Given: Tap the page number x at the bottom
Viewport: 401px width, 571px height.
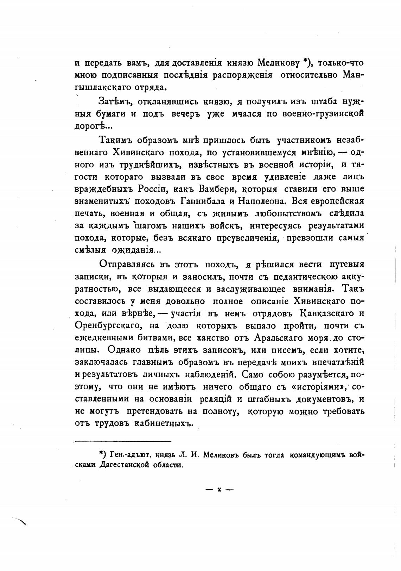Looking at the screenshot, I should coord(219,489).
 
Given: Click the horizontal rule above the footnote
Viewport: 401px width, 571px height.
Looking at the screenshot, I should coord(123,441).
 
